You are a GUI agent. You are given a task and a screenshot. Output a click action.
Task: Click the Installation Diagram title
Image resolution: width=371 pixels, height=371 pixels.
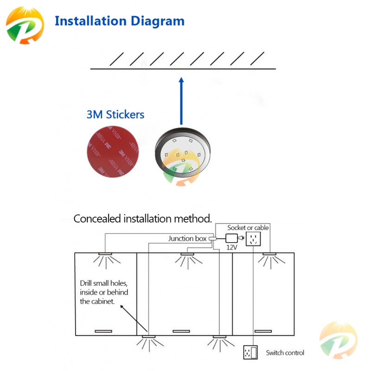pos(120,21)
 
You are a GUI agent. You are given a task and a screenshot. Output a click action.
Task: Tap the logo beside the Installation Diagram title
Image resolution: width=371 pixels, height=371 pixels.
pos(25,25)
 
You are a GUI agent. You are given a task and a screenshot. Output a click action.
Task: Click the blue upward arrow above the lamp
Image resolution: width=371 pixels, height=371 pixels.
pos(181,101)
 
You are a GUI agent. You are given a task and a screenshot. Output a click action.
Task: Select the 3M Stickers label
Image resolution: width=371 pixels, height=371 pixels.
pos(115,115)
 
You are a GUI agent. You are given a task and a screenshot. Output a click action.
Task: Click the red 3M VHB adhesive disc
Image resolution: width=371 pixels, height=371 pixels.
pos(113,152)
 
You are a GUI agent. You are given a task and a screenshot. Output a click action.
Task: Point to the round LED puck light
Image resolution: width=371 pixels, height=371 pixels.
pos(182,153)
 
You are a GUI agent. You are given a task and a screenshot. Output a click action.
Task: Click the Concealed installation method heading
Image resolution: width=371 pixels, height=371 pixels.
pos(142,218)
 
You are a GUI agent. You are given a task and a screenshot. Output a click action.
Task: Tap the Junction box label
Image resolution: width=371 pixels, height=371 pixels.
pos(187,238)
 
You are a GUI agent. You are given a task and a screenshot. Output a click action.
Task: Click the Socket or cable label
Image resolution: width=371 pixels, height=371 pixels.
pos(248,228)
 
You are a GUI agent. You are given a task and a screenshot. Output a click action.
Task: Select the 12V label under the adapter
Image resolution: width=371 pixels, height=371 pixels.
pos(231,248)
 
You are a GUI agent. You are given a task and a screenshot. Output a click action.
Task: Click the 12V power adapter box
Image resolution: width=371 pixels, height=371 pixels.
pos(231,238)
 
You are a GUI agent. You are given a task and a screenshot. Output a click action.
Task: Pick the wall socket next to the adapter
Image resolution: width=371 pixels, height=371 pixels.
pos(253,239)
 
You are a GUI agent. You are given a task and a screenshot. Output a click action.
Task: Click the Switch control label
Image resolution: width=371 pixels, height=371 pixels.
pos(285,353)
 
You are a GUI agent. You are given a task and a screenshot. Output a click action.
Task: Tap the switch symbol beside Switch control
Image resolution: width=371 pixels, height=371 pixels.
pos(250,352)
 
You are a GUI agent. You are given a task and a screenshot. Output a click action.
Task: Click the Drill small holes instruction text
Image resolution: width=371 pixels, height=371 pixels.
pos(104,292)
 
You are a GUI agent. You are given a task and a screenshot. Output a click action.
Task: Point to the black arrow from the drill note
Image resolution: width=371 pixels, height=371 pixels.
pos(134,318)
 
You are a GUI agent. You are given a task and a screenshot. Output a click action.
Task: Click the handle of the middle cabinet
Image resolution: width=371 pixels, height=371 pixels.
pos(181,331)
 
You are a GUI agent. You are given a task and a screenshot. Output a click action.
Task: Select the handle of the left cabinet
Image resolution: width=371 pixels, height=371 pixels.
pos(103,331)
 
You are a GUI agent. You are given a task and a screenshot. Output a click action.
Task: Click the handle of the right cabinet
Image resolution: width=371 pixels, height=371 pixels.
pos(263,331)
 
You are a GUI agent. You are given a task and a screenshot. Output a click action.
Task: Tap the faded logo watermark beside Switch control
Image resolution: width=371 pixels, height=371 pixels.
pos(339,340)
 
